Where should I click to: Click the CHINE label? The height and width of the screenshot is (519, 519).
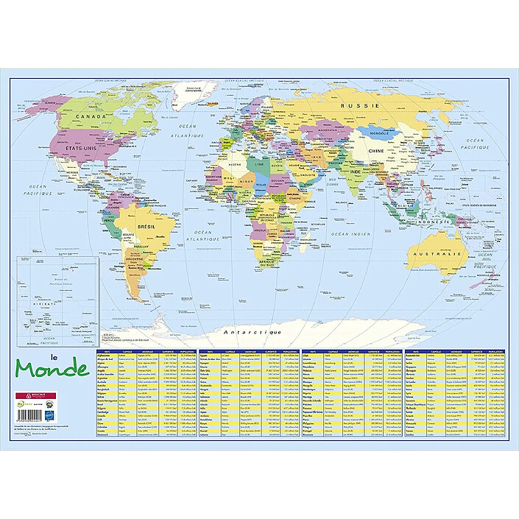(x=376, y=151)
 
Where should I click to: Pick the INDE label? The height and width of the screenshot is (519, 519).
(x=353, y=172)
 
